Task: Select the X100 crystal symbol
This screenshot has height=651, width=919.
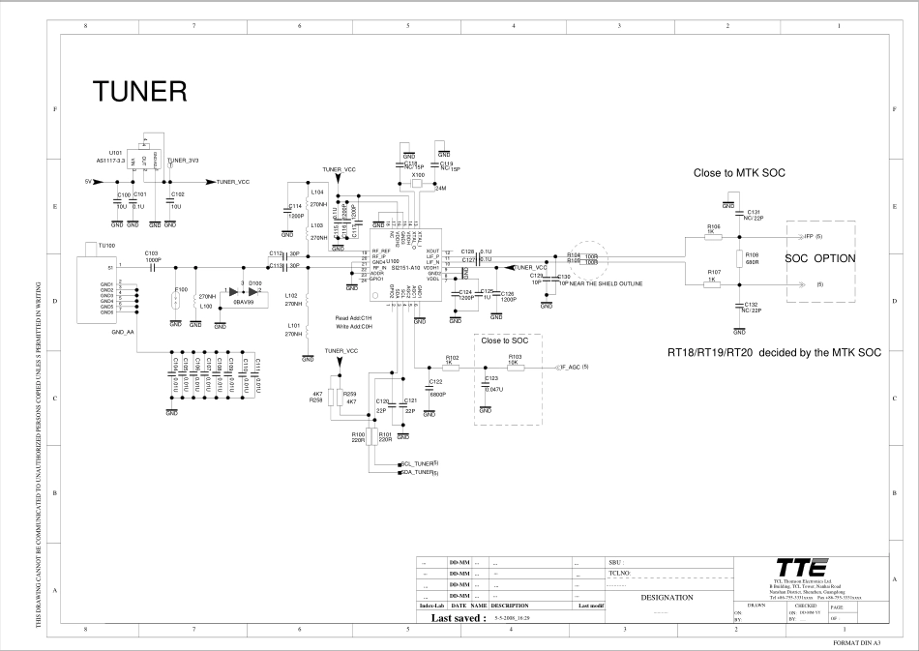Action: [418, 186]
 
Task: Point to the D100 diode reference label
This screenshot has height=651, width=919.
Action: [255, 283]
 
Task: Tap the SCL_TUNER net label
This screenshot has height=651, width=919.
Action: [421, 464]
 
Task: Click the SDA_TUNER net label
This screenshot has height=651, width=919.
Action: [421, 473]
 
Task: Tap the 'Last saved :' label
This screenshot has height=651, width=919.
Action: [458, 617]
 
